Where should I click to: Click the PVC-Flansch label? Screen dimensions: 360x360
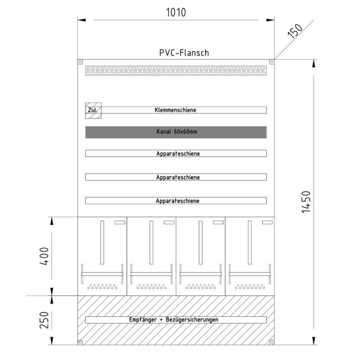[x=184, y=53]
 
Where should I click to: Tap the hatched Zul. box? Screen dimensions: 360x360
[x=94, y=110]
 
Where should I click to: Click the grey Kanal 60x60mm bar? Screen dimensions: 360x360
[x=176, y=132]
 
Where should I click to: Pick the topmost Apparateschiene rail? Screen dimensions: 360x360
[x=176, y=153]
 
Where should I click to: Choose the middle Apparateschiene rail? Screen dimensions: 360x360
[x=176, y=177]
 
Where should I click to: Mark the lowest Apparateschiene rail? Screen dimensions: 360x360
[x=176, y=201]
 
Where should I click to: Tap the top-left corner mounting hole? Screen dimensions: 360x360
[x=81, y=62]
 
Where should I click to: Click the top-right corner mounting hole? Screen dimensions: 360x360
[x=272, y=62]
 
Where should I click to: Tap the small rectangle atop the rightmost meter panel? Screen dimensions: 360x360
[x=267, y=222]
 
